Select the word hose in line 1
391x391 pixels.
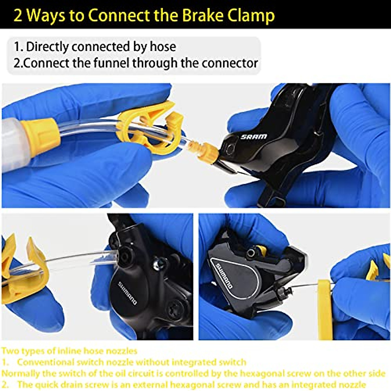(163, 47)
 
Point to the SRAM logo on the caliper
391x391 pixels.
(254, 137)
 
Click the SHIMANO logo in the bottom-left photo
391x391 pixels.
(127, 293)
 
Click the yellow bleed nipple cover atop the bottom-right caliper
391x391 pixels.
(261, 250)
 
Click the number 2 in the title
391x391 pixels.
(18, 15)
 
